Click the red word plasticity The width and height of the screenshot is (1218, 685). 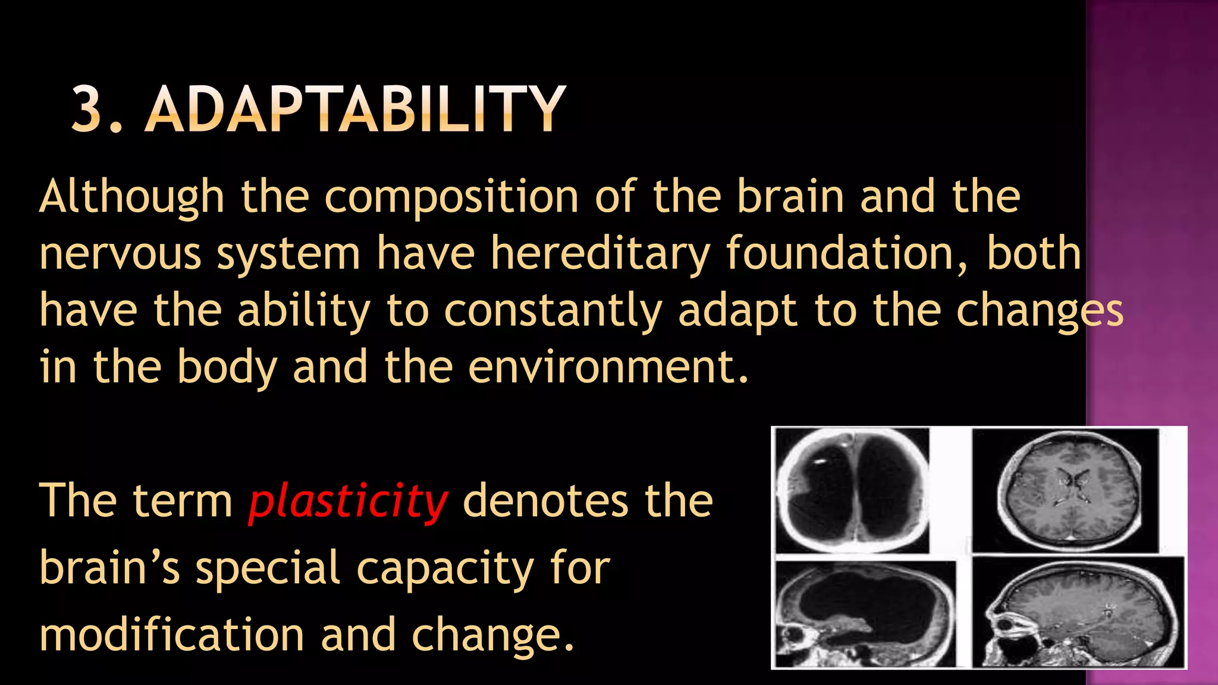pos(348,501)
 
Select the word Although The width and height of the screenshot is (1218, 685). pos(131,197)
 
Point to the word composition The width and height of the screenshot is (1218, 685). pos(451,197)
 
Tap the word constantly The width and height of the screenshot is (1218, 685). pos(553,311)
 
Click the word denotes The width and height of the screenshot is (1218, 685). pos(545,501)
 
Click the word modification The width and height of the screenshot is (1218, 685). pos(172,634)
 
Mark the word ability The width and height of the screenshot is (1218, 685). pos(304,311)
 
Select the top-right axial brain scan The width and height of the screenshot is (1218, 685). pos(1066,490)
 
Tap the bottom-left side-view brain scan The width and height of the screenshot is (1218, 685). pos(865,614)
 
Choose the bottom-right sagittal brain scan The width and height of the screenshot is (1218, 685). pos(1078,612)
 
